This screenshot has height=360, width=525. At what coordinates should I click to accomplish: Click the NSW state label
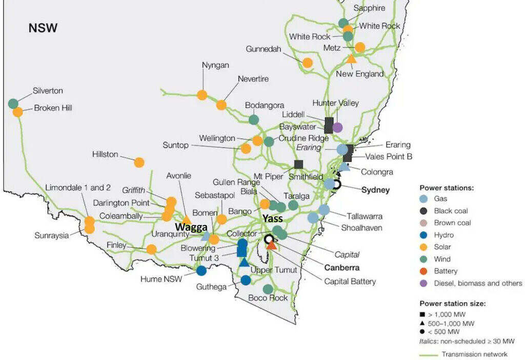point(43,28)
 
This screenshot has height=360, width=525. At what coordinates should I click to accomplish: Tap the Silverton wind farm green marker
point(13,104)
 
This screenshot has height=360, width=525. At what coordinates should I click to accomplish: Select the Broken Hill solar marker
point(18,112)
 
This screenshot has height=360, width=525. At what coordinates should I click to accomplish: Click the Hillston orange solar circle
point(139,163)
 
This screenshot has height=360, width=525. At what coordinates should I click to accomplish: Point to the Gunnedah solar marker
point(307,63)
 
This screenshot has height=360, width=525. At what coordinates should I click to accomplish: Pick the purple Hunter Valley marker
point(337,127)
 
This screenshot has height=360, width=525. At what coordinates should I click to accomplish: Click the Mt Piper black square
point(298,165)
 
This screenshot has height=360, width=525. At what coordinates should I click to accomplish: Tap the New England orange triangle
point(351,59)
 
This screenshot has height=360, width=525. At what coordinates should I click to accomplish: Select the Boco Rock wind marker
point(268,289)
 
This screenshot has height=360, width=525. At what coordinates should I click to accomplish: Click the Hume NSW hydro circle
point(201,270)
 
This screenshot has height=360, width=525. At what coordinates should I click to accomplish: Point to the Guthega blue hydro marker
point(246,280)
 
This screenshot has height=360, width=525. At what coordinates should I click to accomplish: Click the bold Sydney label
point(375,190)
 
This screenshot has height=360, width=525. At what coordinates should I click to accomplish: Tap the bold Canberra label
point(341,268)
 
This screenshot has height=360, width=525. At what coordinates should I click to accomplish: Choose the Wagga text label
point(191,227)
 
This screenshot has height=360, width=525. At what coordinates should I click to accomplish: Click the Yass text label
point(273,219)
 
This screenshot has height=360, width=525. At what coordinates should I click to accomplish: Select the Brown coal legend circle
point(424,223)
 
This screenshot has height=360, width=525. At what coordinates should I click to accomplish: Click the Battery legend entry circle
point(424,271)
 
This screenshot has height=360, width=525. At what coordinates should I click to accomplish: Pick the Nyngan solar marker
point(202,95)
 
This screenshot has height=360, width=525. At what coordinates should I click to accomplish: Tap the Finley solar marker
point(151,249)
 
